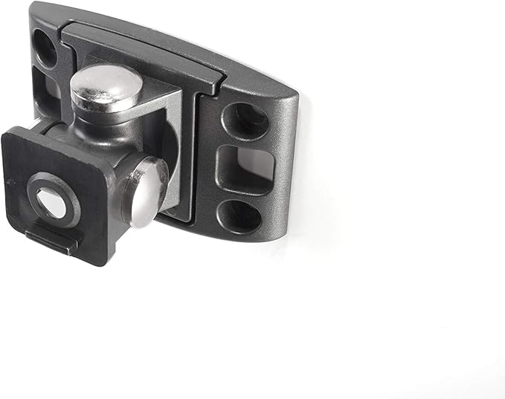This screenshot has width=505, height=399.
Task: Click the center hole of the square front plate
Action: (x=51, y=203)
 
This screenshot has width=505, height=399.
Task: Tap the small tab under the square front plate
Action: (x=51, y=239)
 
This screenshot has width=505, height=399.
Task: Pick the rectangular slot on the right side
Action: (x=246, y=168)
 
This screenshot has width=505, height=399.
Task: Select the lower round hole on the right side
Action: (x=239, y=216)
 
